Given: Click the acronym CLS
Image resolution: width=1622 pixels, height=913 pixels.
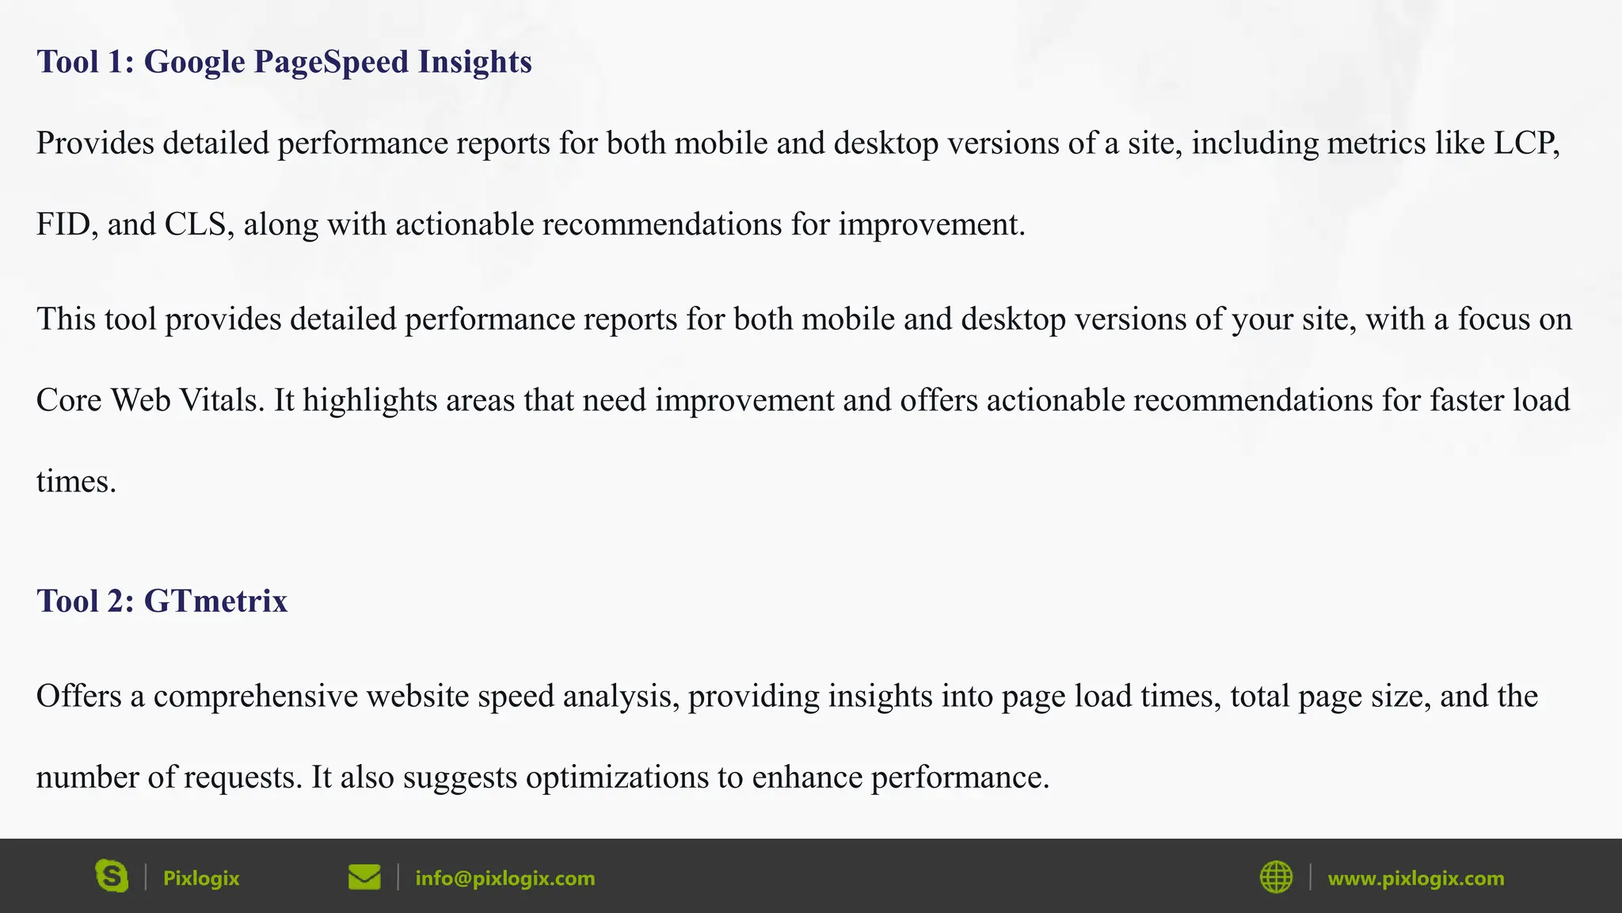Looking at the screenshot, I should click(x=198, y=224).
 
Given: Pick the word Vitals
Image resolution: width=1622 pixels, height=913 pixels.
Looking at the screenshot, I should click(x=223, y=400).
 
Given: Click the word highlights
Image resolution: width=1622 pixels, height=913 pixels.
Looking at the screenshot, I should click(x=370, y=400).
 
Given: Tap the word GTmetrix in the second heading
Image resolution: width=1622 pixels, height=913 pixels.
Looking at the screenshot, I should click(x=215, y=602).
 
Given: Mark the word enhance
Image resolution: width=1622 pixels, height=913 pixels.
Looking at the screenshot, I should click(x=806, y=777).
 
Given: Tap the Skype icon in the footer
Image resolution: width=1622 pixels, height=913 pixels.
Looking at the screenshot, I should click(x=112, y=877).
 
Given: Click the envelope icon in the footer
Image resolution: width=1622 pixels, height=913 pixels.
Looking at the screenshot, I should click(x=364, y=877).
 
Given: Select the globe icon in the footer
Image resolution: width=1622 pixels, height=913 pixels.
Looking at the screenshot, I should click(x=1276, y=877).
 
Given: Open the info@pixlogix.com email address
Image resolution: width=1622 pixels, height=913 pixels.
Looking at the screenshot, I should click(x=505, y=878).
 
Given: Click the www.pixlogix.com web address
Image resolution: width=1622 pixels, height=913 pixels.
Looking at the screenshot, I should click(x=1415, y=878).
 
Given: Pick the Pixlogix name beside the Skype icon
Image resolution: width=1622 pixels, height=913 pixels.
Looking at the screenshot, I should click(x=201, y=878).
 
